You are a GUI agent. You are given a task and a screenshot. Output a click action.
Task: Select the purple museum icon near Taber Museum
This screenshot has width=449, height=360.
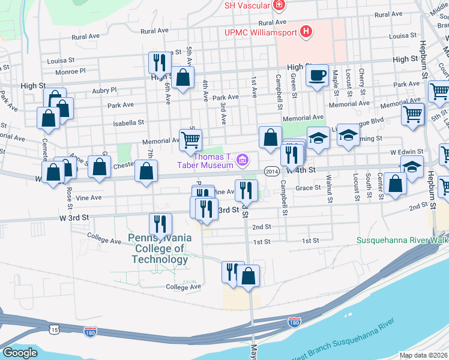(x=242, y=159)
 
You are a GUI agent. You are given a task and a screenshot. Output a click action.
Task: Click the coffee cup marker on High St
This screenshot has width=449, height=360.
(x=317, y=76)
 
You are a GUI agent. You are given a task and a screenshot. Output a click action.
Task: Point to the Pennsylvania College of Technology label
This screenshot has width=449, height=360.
(x=160, y=248)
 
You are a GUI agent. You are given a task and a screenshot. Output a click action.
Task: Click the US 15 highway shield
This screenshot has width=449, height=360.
(x=55, y=329)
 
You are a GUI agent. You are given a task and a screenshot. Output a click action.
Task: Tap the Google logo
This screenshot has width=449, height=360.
(x=20, y=353)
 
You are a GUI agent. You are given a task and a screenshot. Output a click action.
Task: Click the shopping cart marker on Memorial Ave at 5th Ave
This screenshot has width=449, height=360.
(x=190, y=140)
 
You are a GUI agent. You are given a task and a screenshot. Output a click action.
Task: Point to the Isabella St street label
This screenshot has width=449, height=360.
(x=129, y=122)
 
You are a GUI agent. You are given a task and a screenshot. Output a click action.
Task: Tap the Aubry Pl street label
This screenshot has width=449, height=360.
(x=104, y=89)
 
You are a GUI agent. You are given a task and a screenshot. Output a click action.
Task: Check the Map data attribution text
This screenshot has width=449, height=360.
(x=424, y=355)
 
